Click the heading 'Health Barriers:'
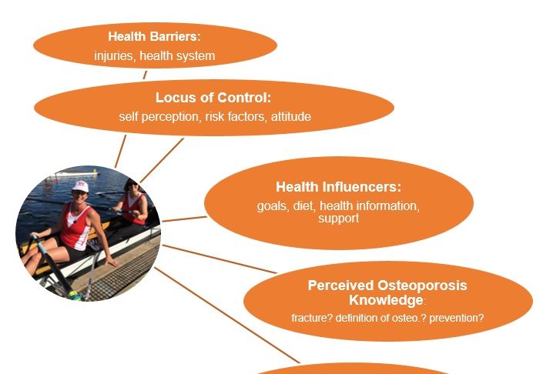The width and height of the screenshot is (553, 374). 154,36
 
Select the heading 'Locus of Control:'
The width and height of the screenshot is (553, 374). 213,97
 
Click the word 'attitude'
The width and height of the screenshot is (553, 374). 291,116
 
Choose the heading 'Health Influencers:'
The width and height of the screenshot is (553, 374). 339,186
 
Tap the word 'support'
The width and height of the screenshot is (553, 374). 339,219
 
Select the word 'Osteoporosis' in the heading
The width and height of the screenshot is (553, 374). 422,286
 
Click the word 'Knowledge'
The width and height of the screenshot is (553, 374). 386,300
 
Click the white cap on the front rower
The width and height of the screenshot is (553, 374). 80,186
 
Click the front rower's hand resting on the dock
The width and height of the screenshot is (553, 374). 112,262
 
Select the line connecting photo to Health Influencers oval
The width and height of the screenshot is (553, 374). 184,219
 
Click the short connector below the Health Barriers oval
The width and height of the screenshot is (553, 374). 145,75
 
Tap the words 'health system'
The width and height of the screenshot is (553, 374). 177,55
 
